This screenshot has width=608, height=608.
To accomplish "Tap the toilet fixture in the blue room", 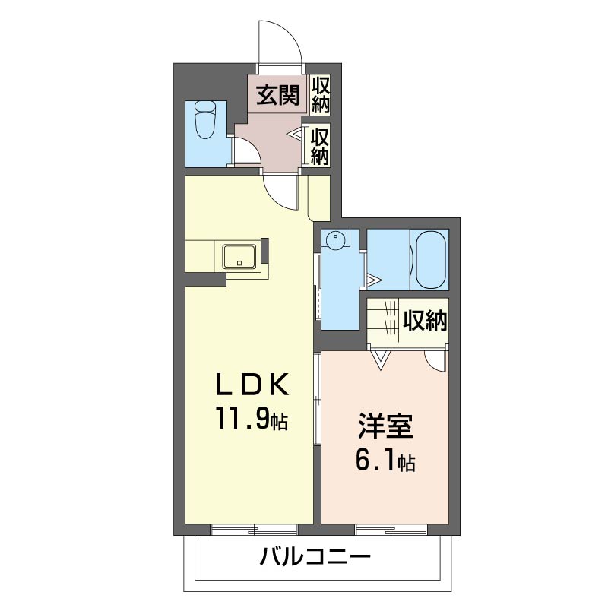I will [206, 120].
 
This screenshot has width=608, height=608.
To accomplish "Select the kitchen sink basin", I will [240, 256].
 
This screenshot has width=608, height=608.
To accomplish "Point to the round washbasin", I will [334, 241].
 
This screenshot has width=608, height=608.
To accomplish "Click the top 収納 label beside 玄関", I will [320, 95].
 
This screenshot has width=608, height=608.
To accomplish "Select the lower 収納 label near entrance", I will [320, 145].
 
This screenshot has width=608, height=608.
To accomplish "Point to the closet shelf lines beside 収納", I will [384, 320].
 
